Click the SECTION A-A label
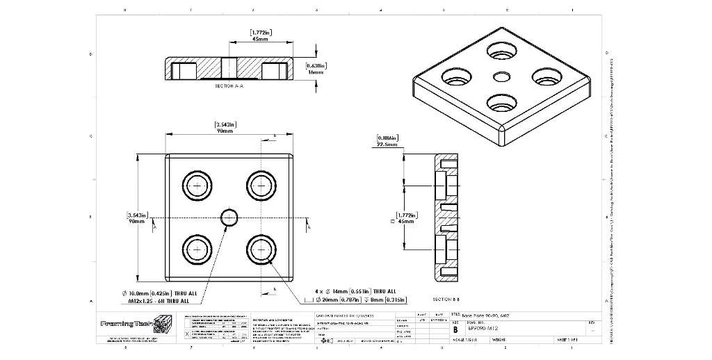tap(229, 85)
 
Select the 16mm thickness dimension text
tap(316, 72)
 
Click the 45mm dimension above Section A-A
tap(260, 40)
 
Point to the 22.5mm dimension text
tap(387, 145)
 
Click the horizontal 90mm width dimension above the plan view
tap(225, 131)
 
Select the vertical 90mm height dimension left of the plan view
tap(136, 222)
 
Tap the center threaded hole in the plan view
tap(229, 218)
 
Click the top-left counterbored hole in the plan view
tap(197, 186)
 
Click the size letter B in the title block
tap(455, 329)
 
